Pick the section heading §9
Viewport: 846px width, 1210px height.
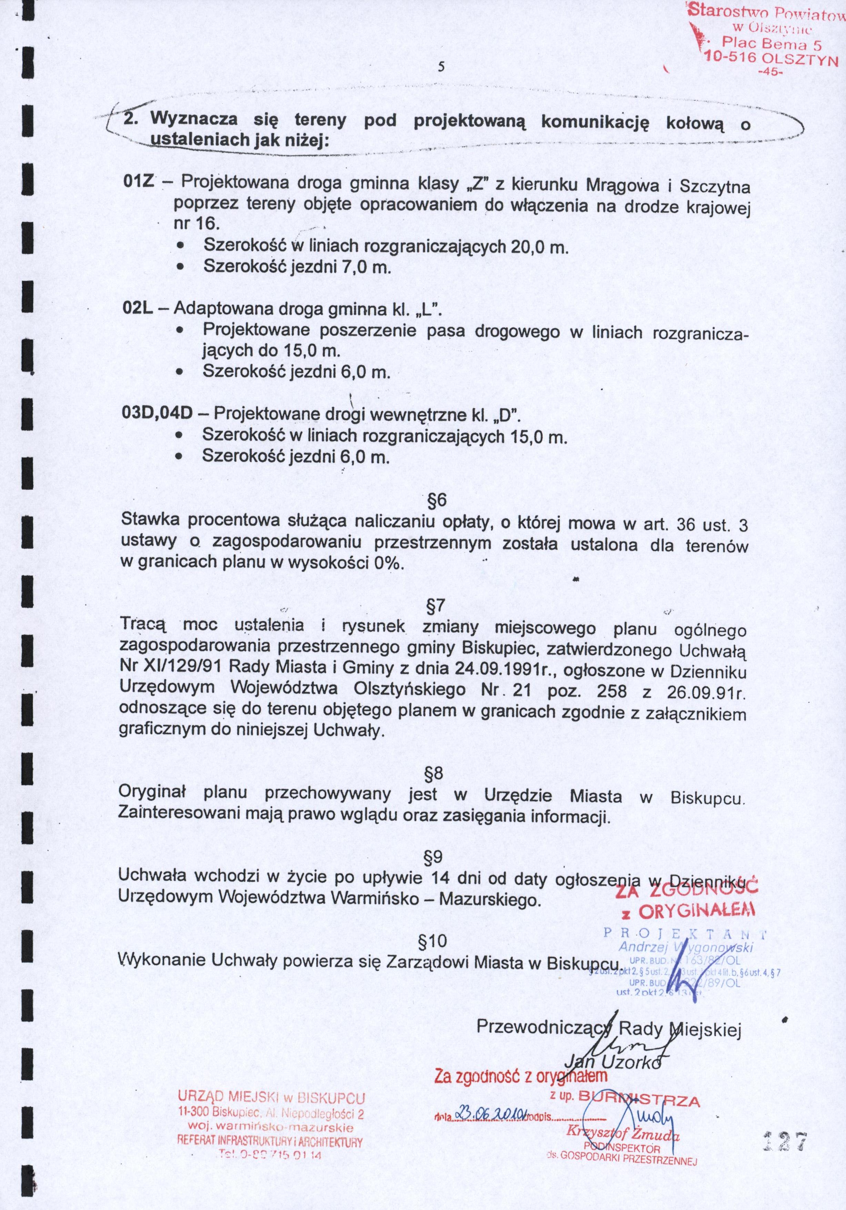[x=433, y=858]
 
